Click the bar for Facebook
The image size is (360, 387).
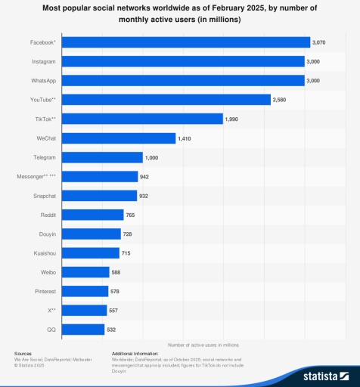(186, 42)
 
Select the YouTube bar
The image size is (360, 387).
(166, 100)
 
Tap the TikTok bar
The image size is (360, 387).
(142, 119)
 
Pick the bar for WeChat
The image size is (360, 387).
(119, 138)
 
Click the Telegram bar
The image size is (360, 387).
(102, 157)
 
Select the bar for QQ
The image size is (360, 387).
(83, 330)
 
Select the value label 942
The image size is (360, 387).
(145, 177)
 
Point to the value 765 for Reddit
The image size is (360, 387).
(132, 215)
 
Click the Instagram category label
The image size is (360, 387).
(43, 61)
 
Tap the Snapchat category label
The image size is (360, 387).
(44, 196)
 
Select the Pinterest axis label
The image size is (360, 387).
(45, 291)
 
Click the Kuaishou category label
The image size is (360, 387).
(44, 253)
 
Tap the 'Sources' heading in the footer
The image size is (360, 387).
(23, 353)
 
